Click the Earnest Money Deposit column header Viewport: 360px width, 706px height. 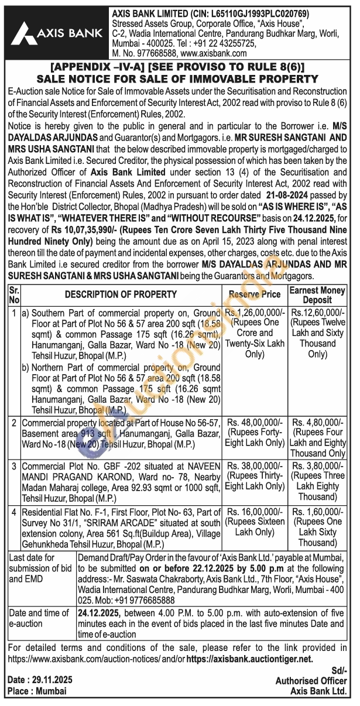[318, 294]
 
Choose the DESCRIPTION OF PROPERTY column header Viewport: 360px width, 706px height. [121, 294]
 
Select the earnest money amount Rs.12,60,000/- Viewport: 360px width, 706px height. [318, 313]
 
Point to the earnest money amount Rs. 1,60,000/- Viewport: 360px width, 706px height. [318, 510]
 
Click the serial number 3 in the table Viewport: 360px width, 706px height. [13, 466]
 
